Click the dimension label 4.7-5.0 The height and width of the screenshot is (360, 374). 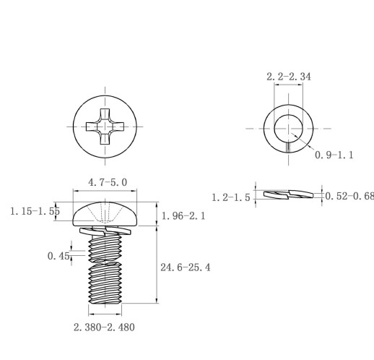108,182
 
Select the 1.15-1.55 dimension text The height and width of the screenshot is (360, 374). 35,211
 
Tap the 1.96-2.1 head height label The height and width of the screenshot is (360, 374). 183,216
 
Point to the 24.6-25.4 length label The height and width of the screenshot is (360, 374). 186,267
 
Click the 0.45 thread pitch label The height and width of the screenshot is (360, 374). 58,256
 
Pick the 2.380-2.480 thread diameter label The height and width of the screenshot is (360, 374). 104,327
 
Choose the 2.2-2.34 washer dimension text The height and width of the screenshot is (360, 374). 289,77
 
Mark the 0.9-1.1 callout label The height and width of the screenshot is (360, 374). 334,155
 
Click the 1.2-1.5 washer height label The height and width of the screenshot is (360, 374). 231,197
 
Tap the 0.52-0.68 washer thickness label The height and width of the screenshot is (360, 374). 349,196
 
